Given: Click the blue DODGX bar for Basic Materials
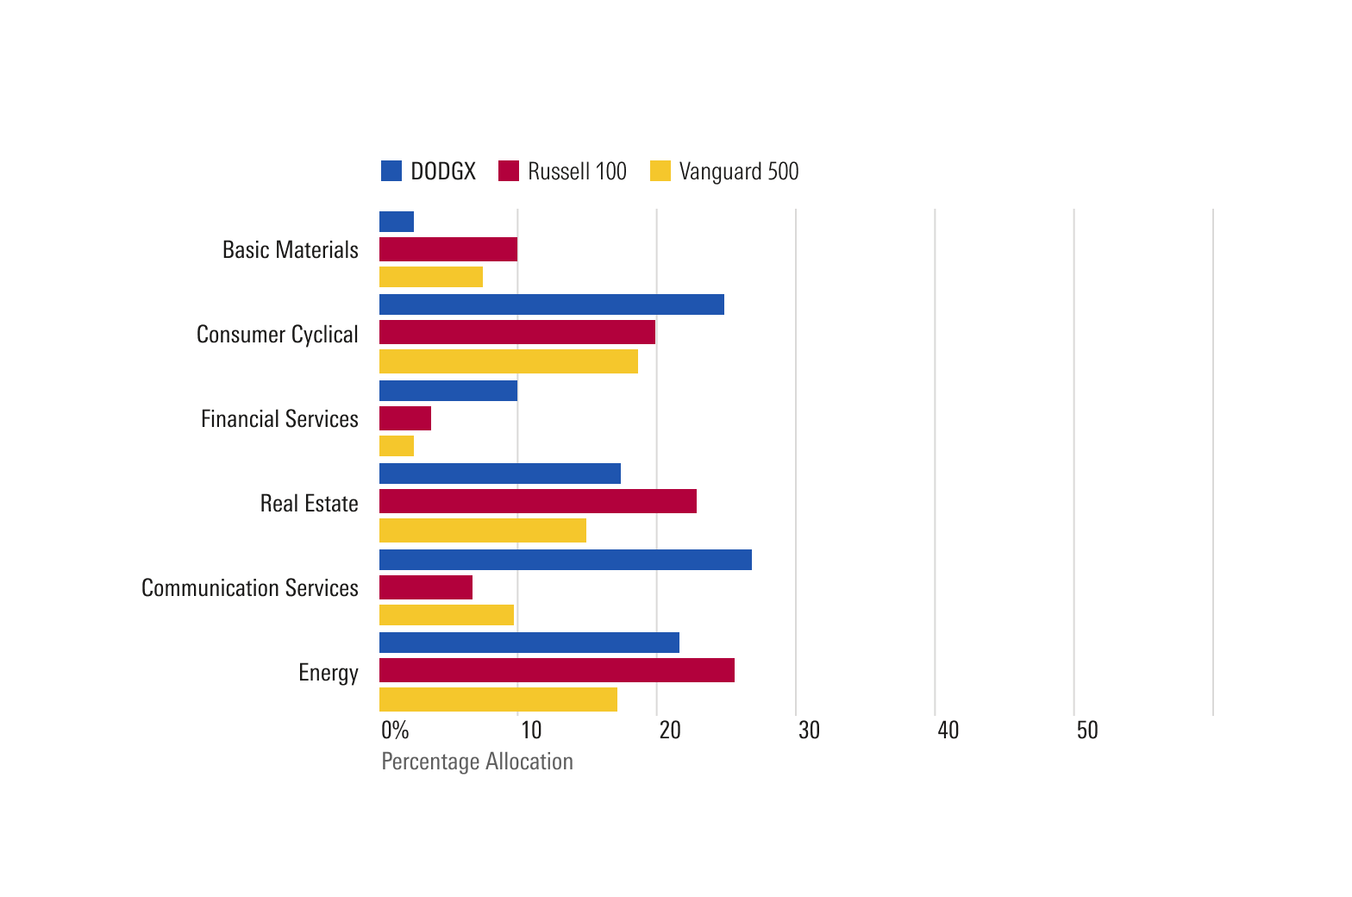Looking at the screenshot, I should pyautogui.click(x=397, y=222).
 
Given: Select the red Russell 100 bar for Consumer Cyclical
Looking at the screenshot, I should pyautogui.click(x=517, y=332).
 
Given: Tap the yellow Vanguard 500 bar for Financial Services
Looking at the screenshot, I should pyautogui.click(x=397, y=446).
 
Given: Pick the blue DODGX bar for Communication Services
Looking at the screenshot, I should pyautogui.click(x=566, y=560).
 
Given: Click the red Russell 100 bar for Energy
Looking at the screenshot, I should pyautogui.click(x=557, y=670).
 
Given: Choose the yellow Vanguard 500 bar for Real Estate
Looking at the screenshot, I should pyautogui.click(x=483, y=530).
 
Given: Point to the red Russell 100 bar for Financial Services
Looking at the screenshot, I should pyautogui.click(x=405, y=418).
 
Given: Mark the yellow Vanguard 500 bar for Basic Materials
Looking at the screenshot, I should pyautogui.click(x=431, y=277).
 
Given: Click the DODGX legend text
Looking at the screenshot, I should pyautogui.click(x=443, y=172).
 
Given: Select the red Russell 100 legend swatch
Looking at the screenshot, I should pyautogui.click(x=509, y=171).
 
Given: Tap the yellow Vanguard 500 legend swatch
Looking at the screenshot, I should pyautogui.click(x=660, y=171).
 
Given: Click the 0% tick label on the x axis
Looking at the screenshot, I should pyautogui.click(x=395, y=731).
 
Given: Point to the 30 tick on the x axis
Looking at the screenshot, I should pyautogui.click(x=809, y=731).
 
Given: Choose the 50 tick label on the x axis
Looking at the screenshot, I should pyautogui.click(x=1087, y=731).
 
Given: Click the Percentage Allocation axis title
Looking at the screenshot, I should pyautogui.click(x=477, y=762).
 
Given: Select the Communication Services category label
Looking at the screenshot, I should pyautogui.click(x=250, y=588).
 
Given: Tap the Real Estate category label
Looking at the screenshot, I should pyautogui.click(x=310, y=504).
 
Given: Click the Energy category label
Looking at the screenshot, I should pyautogui.click(x=329, y=673).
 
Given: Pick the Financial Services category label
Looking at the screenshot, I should pyautogui.click(x=279, y=419).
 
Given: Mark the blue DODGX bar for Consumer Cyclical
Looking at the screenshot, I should pyautogui.click(x=552, y=304).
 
